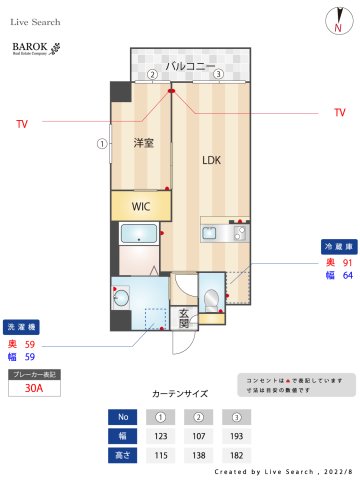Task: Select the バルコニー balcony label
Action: (x=190, y=65)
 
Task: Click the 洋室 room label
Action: (x=144, y=143)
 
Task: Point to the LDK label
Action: (x=211, y=160)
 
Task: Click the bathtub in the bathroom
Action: (x=137, y=235)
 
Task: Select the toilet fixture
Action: (x=211, y=297)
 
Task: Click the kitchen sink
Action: (x=210, y=233)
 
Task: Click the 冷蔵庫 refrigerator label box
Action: (x=337, y=245)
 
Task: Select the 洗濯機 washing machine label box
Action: (x=22, y=327)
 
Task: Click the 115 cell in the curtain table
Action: (x=158, y=456)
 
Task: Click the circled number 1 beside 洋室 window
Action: (x=101, y=143)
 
